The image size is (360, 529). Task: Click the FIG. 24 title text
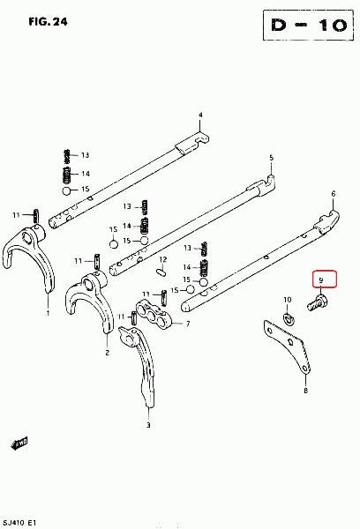click(48, 22)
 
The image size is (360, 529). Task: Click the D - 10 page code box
click(308, 26)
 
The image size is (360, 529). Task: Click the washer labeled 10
click(288, 318)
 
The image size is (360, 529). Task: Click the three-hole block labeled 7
click(154, 315)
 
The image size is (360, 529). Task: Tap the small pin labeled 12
click(161, 272)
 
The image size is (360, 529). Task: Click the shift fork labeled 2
click(91, 297)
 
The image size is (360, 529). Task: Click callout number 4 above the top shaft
click(200, 115)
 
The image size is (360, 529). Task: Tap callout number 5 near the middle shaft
click(271, 158)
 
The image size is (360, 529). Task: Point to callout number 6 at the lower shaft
click(334, 194)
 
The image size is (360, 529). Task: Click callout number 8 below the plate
click(305, 391)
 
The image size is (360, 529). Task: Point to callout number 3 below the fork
click(148, 425)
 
